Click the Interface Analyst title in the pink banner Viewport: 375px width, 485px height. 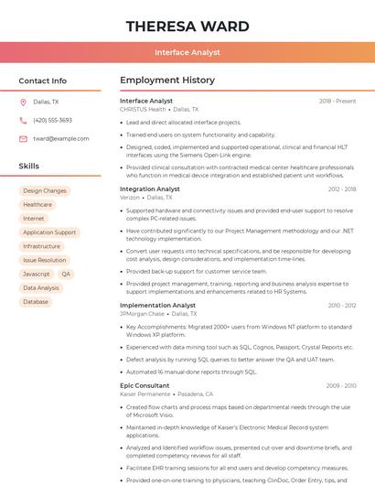[187, 53]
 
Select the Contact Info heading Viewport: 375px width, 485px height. [42, 81]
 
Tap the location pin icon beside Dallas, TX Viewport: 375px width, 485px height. [23, 102]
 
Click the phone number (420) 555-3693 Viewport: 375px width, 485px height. [52, 120]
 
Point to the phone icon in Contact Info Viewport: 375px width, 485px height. [23, 120]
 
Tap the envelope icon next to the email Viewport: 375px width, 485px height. [23, 138]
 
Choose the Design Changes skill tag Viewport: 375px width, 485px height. [45, 191]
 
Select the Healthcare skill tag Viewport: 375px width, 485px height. [37, 205]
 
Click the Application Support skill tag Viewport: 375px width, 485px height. [49, 232]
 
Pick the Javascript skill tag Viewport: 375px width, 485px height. [37, 274]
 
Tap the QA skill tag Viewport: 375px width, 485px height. [66, 274]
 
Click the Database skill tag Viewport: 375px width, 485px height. [36, 301]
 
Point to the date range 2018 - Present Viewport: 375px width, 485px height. [337, 102]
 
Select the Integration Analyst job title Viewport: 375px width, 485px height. [150, 189]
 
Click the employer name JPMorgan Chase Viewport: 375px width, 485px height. [142, 314]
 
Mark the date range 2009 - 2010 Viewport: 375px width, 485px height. [341, 385]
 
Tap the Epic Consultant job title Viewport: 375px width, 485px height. [145, 385]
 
